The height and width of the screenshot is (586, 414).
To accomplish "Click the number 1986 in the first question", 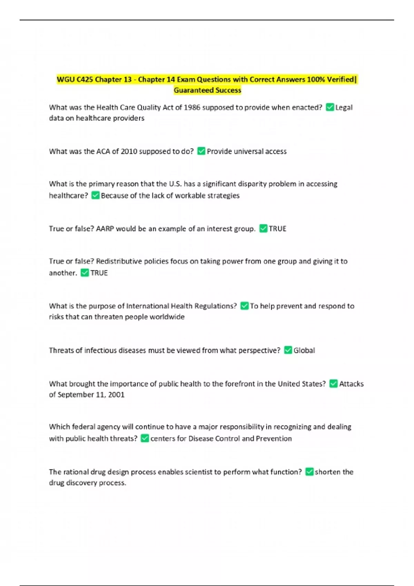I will (192, 108).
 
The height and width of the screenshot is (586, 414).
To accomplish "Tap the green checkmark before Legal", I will (330, 107).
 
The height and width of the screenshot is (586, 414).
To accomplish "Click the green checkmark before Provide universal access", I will (201, 151).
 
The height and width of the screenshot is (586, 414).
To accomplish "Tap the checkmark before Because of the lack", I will (95, 195).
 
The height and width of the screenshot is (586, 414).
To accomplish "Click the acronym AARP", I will (105, 229).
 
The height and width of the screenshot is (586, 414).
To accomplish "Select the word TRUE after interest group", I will (277, 229).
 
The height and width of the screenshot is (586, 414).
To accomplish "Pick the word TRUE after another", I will (99, 273).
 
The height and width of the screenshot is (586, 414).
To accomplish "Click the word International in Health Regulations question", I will (147, 306).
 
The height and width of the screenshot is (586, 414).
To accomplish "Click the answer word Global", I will (304, 351).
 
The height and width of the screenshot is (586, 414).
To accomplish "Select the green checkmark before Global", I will (288, 350).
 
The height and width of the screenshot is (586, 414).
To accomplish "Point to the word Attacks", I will (351, 384).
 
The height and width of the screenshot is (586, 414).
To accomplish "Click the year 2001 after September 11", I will (116, 395).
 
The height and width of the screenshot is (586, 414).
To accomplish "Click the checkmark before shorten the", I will (309, 472).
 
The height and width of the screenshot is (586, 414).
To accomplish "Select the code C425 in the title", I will (85, 80).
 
